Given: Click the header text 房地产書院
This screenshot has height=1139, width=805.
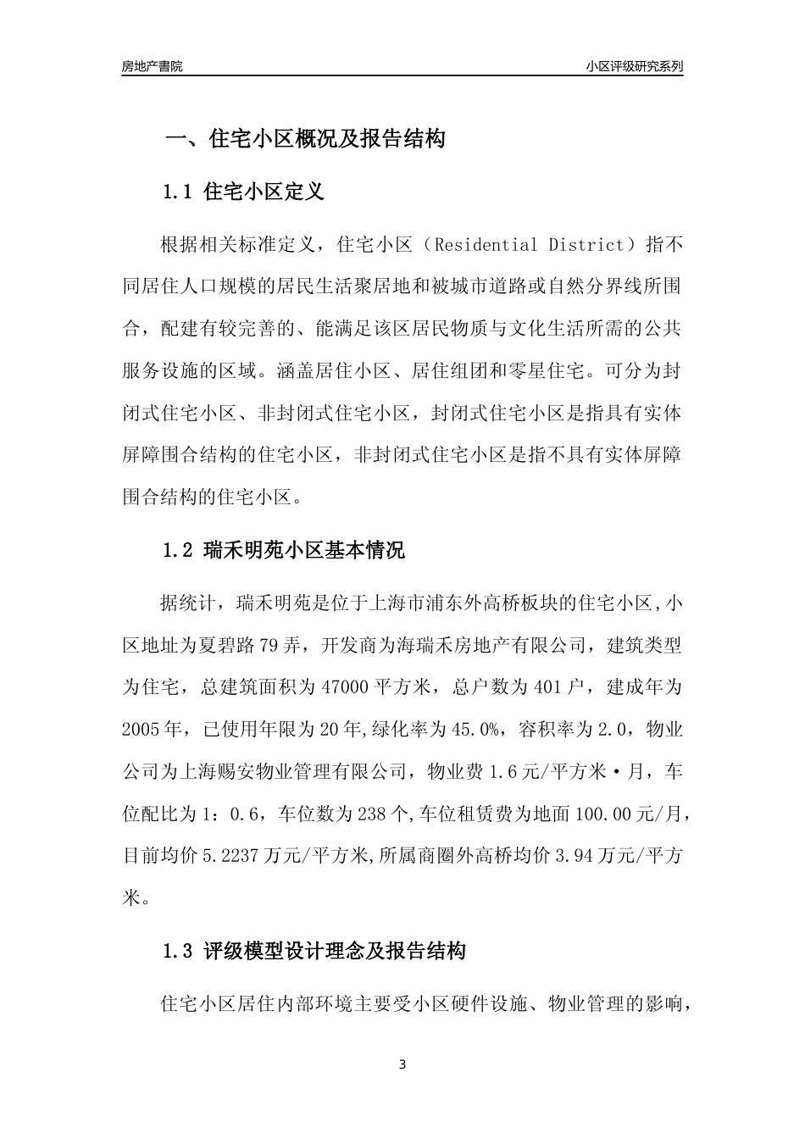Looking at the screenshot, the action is (x=152, y=65).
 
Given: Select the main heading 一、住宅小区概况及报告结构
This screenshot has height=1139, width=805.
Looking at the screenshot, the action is (x=305, y=139).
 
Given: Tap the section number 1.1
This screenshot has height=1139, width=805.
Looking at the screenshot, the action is (x=179, y=192).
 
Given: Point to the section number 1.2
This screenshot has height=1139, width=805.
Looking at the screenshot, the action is (x=179, y=550).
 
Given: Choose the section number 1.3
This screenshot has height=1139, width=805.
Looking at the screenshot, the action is (x=179, y=951).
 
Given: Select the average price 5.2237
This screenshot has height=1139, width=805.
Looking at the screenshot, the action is (x=230, y=855).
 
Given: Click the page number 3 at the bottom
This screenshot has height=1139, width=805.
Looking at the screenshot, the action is (x=402, y=1064).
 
